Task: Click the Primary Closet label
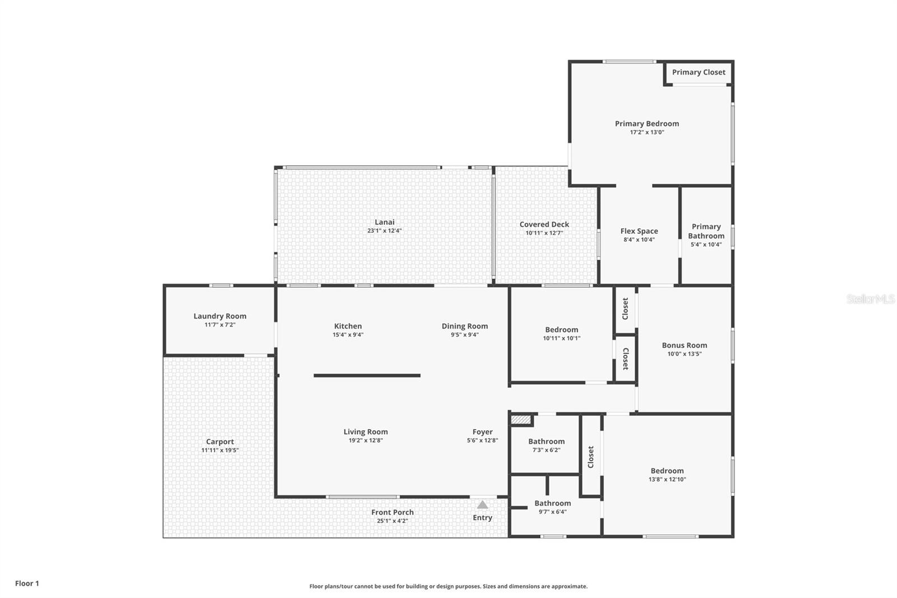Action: pyautogui.click(x=699, y=72)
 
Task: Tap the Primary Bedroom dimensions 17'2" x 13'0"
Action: pyautogui.click(x=647, y=132)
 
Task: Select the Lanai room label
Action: pyautogui.click(x=385, y=222)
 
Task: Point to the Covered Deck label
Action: pyautogui.click(x=544, y=224)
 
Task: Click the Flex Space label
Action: pyautogui.click(x=639, y=231)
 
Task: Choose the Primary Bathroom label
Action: pyautogui.click(x=706, y=231)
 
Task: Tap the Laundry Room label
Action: pyautogui.click(x=220, y=316)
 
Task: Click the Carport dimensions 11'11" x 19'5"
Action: pyautogui.click(x=220, y=450)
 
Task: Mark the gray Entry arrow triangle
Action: pyautogui.click(x=482, y=505)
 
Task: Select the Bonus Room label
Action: pyautogui.click(x=684, y=345)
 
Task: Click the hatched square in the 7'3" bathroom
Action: pyautogui.click(x=521, y=420)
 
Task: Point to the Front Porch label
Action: pyautogui.click(x=392, y=512)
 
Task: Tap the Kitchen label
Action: pyautogui.click(x=348, y=326)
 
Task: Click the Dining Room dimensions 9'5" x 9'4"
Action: pyautogui.click(x=465, y=335)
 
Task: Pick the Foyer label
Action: pyautogui.click(x=482, y=432)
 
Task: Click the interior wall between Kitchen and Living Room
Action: pyautogui.click(x=367, y=375)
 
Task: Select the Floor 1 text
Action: pyautogui.click(x=27, y=583)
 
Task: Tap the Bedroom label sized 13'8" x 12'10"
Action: pyautogui.click(x=667, y=471)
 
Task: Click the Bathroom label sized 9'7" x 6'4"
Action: pyautogui.click(x=552, y=503)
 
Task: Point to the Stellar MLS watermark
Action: pyautogui.click(x=870, y=299)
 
